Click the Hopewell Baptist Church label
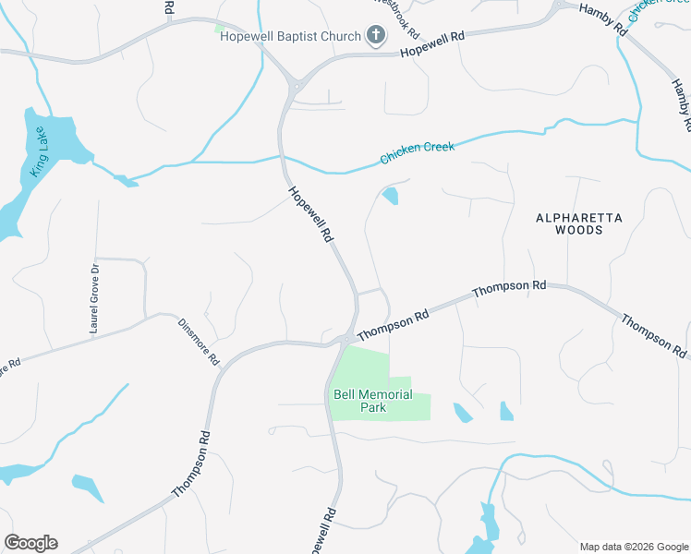pyautogui.click(x=289, y=37)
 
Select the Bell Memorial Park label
pyautogui.click(x=372, y=402)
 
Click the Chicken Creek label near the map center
pyautogui.click(x=418, y=153)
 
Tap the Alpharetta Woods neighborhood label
pyautogui.click(x=579, y=223)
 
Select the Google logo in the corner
pyautogui.click(x=30, y=543)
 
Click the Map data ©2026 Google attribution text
pyautogui.click(x=633, y=547)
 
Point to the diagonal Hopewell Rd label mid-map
pyautogui.click(x=310, y=214)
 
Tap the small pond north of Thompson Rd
pyautogui.click(x=390, y=196)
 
